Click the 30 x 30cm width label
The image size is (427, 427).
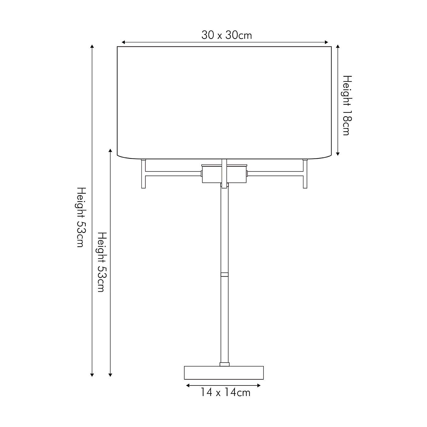[x=227, y=35]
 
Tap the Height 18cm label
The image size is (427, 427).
[x=346, y=105]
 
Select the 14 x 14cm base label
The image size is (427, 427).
[x=226, y=393]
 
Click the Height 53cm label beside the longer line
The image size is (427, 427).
[x=80, y=217]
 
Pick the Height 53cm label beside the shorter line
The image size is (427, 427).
[x=101, y=262]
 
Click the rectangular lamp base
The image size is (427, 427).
[x=224, y=373]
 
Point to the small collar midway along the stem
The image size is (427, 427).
[x=224, y=275]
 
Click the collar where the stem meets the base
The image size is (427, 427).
[x=224, y=364]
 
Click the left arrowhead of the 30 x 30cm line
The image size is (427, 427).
[x=123, y=42]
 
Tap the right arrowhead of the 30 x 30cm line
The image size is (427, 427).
[x=327, y=42]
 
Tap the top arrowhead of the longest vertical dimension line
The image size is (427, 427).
[x=92, y=46]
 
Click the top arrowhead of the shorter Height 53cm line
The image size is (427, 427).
[x=110, y=151]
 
